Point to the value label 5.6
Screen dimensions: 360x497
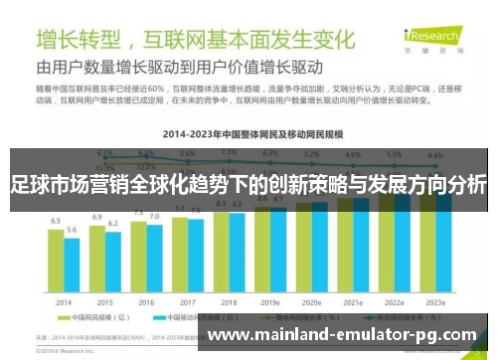click(72, 230)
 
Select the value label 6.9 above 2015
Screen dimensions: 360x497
click(97, 217)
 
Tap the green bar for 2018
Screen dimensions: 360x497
click(222, 253)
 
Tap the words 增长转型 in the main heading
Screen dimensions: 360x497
click(80, 40)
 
